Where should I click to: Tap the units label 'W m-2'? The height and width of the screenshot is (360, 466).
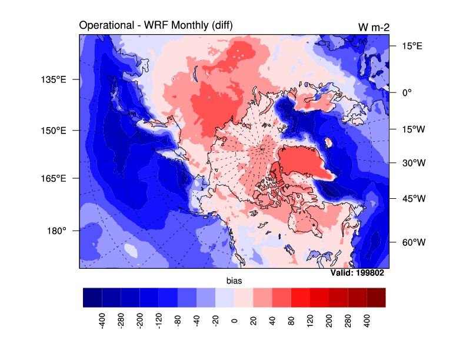[372, 27]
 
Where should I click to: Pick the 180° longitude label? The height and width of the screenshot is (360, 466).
[56, 231]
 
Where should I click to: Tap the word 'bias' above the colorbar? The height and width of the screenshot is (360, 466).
[234, 282]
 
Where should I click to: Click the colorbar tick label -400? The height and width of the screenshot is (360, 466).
[102, 321]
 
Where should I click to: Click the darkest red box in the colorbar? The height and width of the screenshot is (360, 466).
[376, 297]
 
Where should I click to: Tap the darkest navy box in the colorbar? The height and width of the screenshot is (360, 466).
[92, 297]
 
